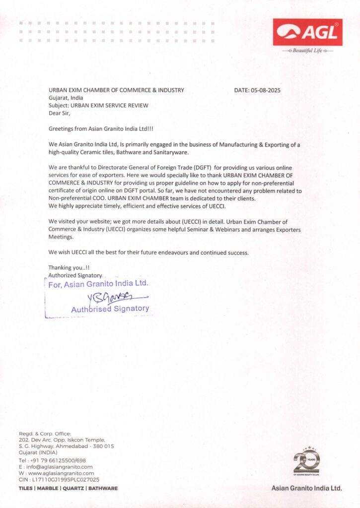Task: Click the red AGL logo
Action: tap(307, 32)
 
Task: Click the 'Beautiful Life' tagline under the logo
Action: tap(307, 51)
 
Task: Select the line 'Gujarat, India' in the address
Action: tap(66, 98)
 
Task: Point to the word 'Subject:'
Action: tap(59, 105)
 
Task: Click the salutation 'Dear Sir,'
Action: tap(60, 113)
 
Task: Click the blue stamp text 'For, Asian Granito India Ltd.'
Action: tap(98, 284)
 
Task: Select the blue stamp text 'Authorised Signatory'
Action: tap(110, 309)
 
